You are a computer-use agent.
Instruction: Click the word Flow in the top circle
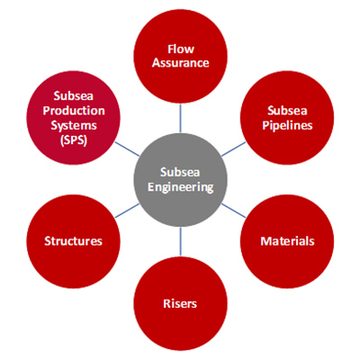click(181, 49)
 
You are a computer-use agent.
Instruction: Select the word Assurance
click(181, 63)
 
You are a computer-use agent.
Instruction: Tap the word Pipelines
click(287, 125)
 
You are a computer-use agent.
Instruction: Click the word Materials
click(287, 241)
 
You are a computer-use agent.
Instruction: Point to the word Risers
click(180, 303)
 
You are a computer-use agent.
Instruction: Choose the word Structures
click(74, 241)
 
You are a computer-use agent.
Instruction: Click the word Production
click(74, 111)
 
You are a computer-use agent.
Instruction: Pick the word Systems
click(74, 125)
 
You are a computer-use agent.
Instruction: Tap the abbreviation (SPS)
click(74, 140)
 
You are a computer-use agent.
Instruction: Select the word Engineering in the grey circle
click(181, 187)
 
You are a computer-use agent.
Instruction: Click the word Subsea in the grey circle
click(180, 172)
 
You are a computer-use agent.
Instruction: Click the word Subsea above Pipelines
click(287, 111)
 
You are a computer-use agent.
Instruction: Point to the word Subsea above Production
click(74, 96)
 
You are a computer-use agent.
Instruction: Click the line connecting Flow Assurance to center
click(180, 118)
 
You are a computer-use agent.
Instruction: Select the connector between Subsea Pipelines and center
click(234, 149)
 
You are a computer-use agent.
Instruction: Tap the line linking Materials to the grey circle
click(234, 211)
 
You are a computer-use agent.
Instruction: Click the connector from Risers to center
click(180, 242)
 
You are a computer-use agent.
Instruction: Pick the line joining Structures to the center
click(127, 211)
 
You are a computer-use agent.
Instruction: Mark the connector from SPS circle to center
click(127, 149)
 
